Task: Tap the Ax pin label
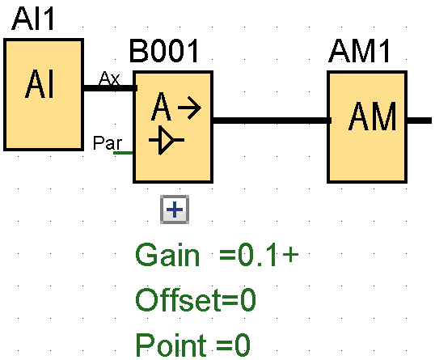click(109, 78)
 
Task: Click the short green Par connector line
click(124, 152)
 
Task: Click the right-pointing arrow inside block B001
click(188, 108)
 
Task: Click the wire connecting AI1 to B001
click(109, 87)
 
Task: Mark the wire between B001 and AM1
click(270, 121)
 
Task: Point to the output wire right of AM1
click(419, 121)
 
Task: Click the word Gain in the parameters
click(167, 256)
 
